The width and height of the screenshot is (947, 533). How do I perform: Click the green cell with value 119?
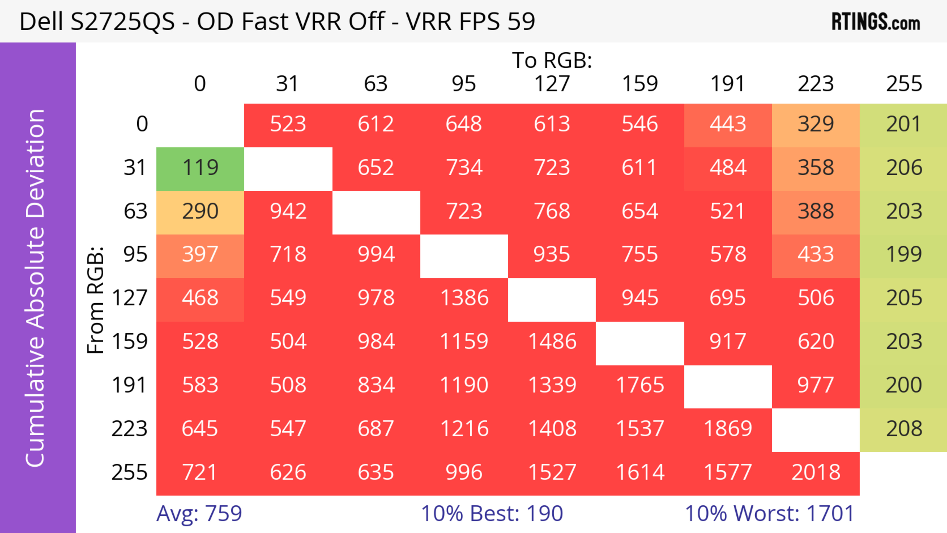(x=200, y=168)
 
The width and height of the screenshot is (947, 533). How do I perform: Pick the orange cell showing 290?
(x=200, y=212)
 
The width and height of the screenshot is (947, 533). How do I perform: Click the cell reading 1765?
(x=640, y=386)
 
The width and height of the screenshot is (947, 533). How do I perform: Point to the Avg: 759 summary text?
(x=199, y=514)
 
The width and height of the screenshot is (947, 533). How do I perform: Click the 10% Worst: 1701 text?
(x=769, y=514)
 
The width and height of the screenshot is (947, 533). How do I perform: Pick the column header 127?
(x=552, y=84)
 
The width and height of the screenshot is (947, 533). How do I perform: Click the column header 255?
(x=904, y=84)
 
